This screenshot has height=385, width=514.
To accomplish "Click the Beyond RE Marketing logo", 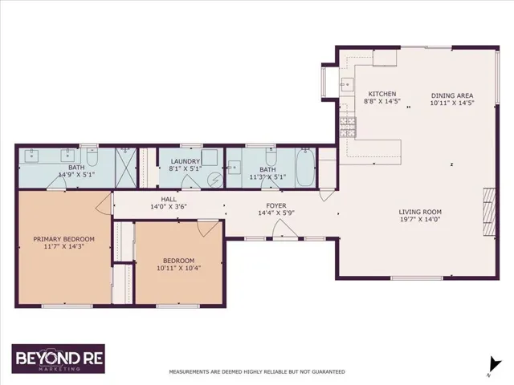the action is point(59,359).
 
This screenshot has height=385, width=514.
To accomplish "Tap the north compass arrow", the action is point(494,366).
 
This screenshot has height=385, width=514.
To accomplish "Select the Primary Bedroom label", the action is point(64,239).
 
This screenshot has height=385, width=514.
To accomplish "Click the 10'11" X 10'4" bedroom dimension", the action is point(178,268).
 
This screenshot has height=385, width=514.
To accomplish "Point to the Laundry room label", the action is point(186,161).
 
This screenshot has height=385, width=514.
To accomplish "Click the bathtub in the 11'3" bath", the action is point(305,168).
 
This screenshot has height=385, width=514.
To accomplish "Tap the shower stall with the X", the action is point(125,168).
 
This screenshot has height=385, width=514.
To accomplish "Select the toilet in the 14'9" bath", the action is point(92,157).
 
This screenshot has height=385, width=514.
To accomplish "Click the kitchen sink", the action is point(347,85).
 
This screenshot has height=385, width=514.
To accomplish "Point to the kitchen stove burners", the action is point(348,127).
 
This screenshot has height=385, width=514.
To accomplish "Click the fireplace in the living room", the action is point(489,212).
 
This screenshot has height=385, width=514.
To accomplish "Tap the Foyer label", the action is point(276,205).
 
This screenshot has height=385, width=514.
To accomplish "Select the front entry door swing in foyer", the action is point(285,229).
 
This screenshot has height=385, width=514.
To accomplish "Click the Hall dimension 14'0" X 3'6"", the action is point(169,207).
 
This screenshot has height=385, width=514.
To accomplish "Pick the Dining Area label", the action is point(452,95).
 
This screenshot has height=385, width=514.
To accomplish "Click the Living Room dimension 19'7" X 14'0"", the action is point(420,219).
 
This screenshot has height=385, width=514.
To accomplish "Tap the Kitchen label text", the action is point(382,94).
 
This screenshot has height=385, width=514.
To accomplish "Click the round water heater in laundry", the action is point(216,180).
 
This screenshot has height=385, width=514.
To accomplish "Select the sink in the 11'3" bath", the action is point(234,168).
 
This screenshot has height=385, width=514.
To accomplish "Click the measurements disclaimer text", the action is point(257,372).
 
